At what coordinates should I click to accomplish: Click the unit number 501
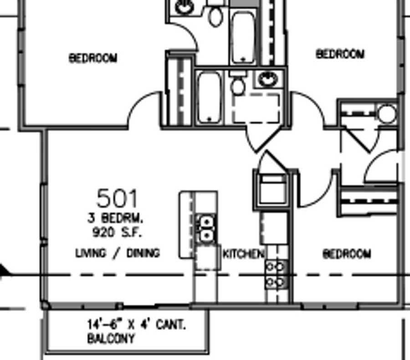point(117,198)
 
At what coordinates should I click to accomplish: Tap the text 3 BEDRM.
point(115,218)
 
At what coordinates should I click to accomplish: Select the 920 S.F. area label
point(117,232)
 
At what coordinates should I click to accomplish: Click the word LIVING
point(91,253)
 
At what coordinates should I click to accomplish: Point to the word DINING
point(143,253)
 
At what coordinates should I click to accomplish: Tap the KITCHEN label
point(243,254)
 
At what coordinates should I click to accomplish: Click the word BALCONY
point(111,339)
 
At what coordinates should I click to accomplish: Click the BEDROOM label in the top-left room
point(93,58)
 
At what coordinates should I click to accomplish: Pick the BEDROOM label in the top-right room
point(340,54)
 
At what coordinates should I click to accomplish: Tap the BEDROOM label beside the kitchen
point(347,254)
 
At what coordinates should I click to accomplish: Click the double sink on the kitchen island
point(206,229)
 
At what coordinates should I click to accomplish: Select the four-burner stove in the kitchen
point(275,274)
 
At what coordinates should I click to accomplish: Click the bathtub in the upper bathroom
point(243,37)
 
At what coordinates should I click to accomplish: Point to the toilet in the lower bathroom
point(238,83)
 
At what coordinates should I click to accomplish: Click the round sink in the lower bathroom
point(268,79)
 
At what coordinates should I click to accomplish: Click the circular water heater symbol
point(387,114)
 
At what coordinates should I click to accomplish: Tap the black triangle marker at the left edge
point(4,270)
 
